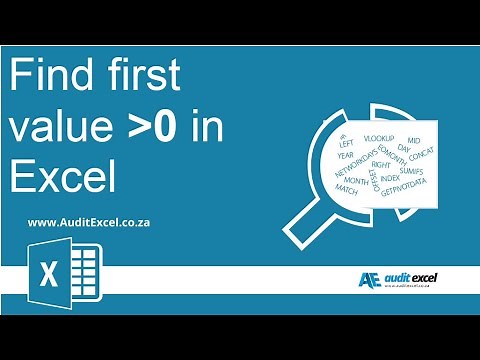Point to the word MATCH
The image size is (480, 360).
[x=346, y=189]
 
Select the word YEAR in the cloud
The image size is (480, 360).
[x=346, y=154]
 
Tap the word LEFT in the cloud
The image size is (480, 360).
[x=347, y=142]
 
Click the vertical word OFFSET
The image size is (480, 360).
[x=373, y=180]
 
